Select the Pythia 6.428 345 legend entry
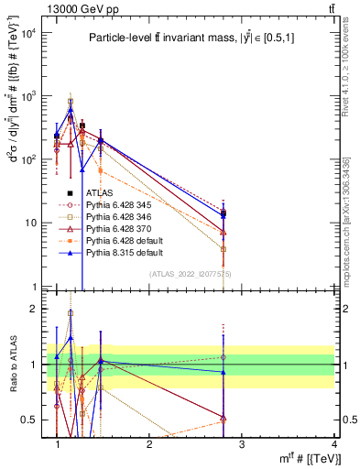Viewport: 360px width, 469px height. pos(119,205)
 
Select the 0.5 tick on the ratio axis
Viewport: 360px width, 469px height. pos(29,420)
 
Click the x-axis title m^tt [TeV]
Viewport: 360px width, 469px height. pos(301,459)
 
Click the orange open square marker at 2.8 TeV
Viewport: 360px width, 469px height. pos(224,249)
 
